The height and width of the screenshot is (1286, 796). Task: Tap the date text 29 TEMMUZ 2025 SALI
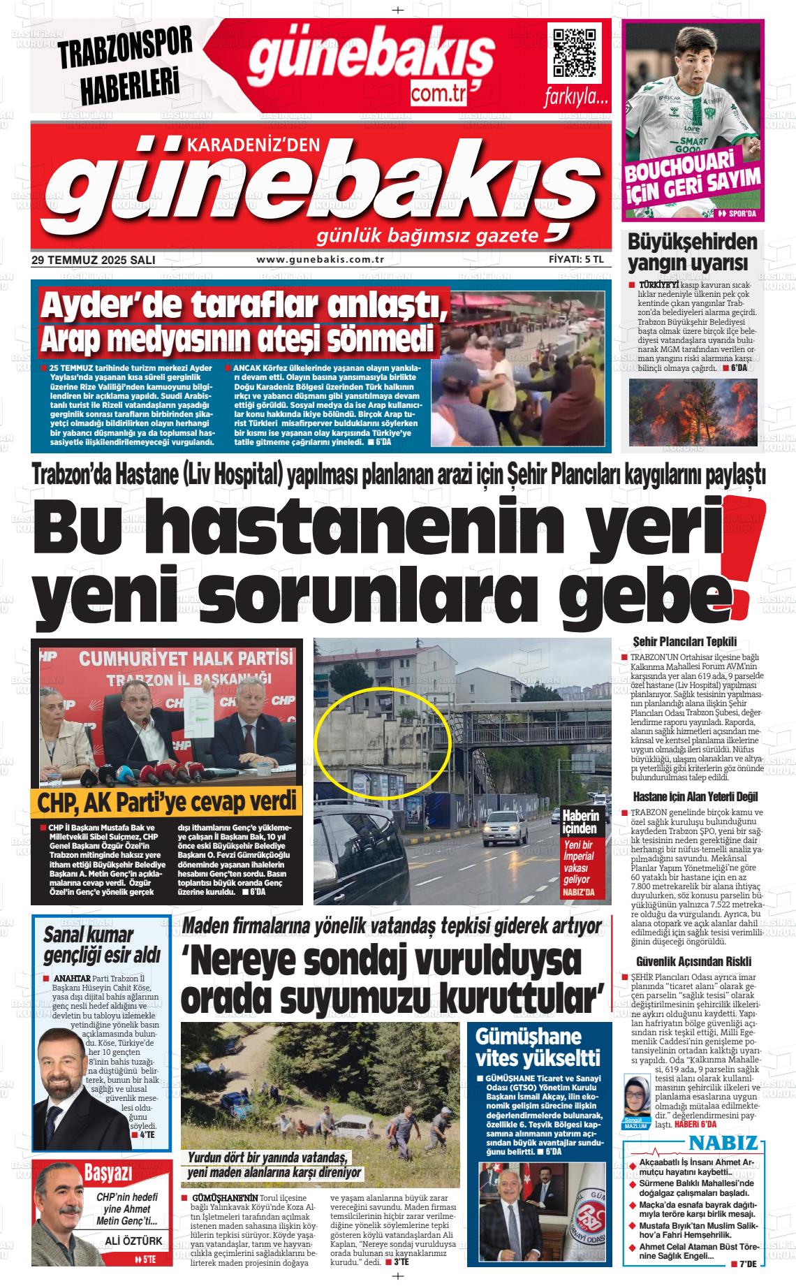tap(93, 260)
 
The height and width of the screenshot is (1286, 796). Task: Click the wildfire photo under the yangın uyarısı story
tap(693, 412)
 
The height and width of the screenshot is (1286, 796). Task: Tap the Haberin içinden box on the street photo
tap(580, 822)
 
